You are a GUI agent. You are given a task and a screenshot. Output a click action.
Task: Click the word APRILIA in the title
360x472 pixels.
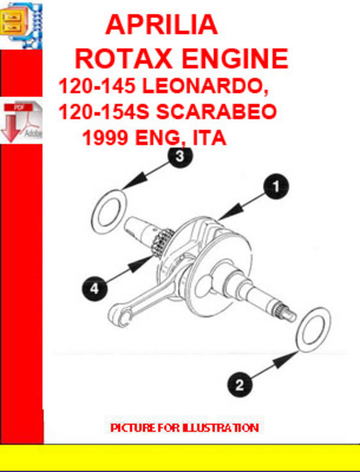tap(161, 25)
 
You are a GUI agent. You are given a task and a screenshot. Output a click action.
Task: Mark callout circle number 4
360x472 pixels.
tap(94, 289)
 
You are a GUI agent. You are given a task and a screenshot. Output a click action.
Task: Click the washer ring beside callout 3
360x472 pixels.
tap(108, 208)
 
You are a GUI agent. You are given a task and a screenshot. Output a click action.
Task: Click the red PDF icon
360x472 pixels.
tap(21, 120)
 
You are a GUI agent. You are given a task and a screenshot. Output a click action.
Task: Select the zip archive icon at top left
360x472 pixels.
tap(21, 24)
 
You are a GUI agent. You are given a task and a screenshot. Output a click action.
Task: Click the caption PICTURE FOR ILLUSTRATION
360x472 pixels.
tap(184, 427)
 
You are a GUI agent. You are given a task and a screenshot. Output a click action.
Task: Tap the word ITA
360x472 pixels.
tap(208, 137)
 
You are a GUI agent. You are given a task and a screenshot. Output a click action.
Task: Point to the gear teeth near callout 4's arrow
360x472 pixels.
tap(164, 245)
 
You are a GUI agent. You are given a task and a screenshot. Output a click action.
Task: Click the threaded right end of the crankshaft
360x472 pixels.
tap(286, 311)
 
